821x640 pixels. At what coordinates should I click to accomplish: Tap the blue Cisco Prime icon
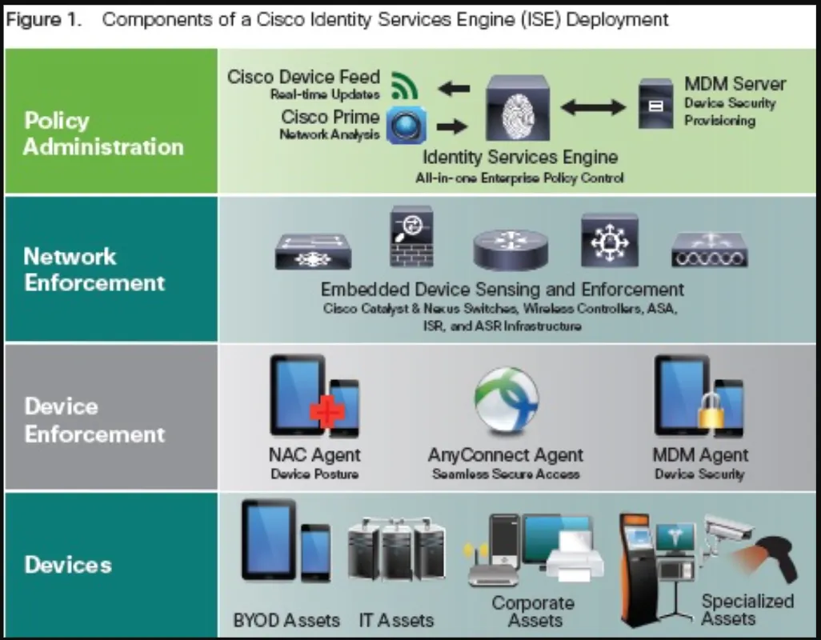406,126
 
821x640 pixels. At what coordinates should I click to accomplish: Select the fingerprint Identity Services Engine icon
518,110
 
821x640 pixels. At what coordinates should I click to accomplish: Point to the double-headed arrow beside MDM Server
593,106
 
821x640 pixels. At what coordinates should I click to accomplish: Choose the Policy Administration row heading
103,134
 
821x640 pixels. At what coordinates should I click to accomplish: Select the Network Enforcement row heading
94,270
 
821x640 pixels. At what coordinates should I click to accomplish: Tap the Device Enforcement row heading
94,420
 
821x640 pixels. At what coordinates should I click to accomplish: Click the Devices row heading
68,565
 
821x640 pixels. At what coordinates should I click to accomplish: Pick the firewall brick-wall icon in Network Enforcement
411,237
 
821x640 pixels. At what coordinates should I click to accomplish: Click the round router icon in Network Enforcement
511,249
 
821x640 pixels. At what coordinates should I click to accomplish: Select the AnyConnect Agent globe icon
506,400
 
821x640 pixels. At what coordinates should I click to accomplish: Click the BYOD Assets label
286,620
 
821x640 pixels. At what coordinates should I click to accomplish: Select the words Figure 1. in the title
45,19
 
